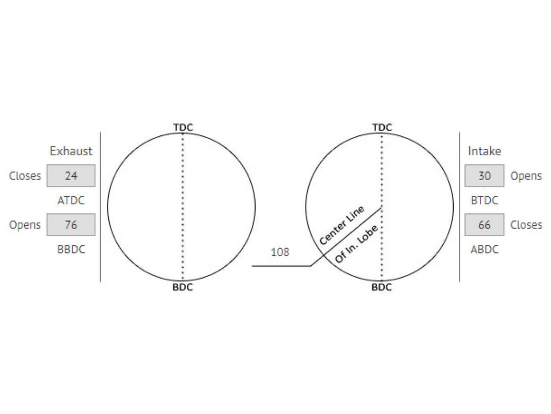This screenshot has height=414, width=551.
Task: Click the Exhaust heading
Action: click(x=71, y=151)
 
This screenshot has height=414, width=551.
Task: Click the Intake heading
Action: click(x=484, y=151)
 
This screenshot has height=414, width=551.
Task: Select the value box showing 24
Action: click(x=71, y=176)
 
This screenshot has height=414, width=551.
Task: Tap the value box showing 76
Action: click(x=71, y=225)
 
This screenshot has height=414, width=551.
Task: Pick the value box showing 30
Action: click(x=484, y=176)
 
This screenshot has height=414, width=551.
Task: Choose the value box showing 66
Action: click(x=484, y=225)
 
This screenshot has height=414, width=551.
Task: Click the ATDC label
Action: click(x=71, y=201)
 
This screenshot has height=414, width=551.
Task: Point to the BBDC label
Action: click(x=71, y=249)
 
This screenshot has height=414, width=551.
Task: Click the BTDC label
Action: click(x=485, y=201)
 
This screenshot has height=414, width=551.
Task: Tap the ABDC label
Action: click(x=485, y=249)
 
